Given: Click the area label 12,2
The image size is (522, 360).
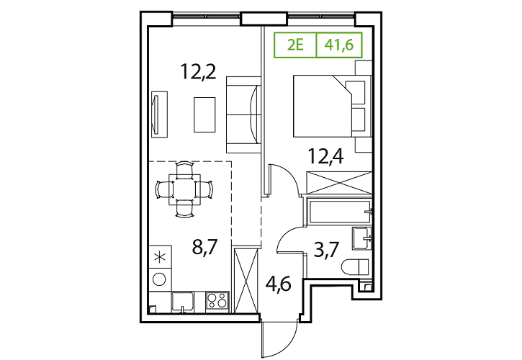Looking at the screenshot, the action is pos(199,71).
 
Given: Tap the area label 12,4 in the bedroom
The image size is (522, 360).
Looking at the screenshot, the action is pos(326,156).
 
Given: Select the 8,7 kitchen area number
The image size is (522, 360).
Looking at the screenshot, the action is pos(204,247).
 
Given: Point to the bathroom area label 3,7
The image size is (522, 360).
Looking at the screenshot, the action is pos(326,250).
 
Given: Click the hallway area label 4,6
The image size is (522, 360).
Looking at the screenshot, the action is pos(279,284).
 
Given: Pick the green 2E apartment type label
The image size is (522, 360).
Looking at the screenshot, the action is pos(296,45).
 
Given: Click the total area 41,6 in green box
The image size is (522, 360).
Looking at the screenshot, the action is pos(339,45).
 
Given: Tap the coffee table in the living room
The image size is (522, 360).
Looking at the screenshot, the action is pos(204,114).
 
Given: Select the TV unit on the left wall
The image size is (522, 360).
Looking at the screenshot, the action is pos(159,114).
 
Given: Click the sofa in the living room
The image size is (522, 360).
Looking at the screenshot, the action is pos(243,115).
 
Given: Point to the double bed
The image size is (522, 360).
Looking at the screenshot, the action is pos(332,106).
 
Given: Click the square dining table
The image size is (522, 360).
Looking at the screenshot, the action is pos(184,189).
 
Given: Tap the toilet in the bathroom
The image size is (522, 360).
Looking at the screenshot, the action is pos(355,266).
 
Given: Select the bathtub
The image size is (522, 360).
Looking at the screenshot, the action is pos(339,212).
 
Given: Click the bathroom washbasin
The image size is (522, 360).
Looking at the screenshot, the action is pos(361,238).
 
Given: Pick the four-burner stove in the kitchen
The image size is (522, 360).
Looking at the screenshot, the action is pos(217,302).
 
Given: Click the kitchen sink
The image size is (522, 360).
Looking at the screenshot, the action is pos(183,302).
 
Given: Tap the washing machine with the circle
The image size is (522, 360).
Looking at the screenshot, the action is pos(160,279).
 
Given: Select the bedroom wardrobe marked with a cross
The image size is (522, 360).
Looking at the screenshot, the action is pos(339,182).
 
